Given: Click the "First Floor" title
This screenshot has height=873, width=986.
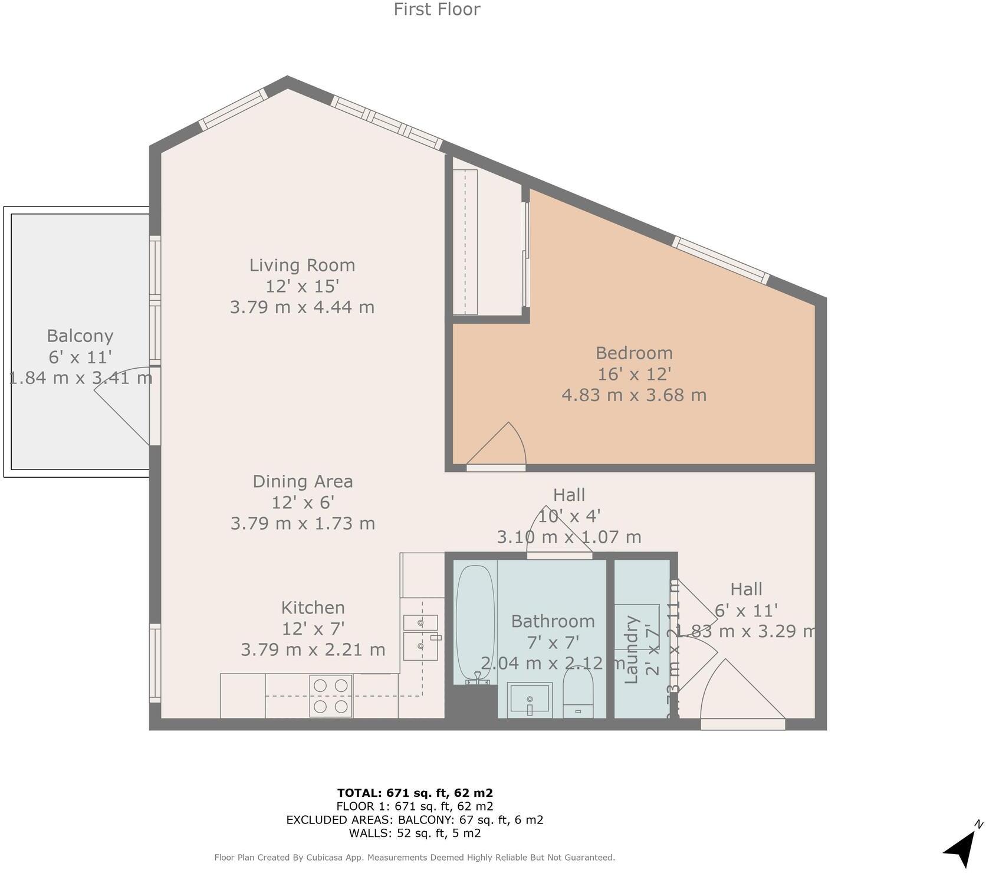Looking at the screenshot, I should click(x=436, y=9).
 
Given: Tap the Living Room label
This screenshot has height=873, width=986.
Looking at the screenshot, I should click(x=302, y=265).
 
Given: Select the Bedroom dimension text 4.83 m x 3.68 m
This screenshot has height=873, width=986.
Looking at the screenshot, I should click(x=634, y=395).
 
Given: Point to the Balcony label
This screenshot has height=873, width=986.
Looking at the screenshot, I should click(x=80, y=336).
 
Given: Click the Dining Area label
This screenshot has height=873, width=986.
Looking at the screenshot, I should click(x=303, y=481).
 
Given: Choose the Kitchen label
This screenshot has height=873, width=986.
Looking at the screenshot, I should click(x=313, y=608).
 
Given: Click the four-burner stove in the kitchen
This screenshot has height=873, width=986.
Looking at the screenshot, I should click(x=331, y=696).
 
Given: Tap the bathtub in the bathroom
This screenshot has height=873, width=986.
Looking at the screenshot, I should click(x=475, y=622).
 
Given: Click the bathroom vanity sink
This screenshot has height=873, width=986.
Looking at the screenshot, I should click(x=530, y=700).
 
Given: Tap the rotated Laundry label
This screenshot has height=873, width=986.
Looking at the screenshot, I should click(x=632, y=649).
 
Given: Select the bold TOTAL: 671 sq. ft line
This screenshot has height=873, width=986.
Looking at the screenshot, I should click(x=415, y=793).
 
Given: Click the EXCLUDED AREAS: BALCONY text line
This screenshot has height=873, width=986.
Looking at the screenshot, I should click(x=415, y=820).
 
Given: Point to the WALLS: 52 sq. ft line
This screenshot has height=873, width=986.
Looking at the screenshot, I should click(x=415, y=833).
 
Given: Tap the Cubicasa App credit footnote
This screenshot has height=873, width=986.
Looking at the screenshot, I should click(x=415, y=858).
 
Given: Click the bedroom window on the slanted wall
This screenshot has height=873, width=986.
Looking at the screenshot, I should click(x=721, y=260).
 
